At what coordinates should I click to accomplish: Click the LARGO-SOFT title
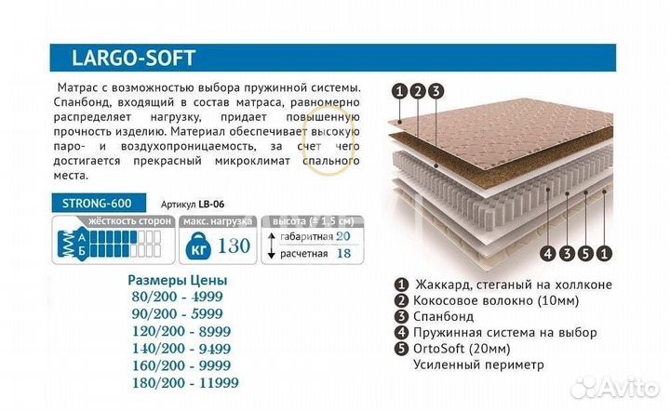coord(133,58)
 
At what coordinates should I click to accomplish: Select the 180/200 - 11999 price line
coord(179,382)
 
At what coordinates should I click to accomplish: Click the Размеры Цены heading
coord(177,280)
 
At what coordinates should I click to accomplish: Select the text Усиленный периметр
coord(478,365)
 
